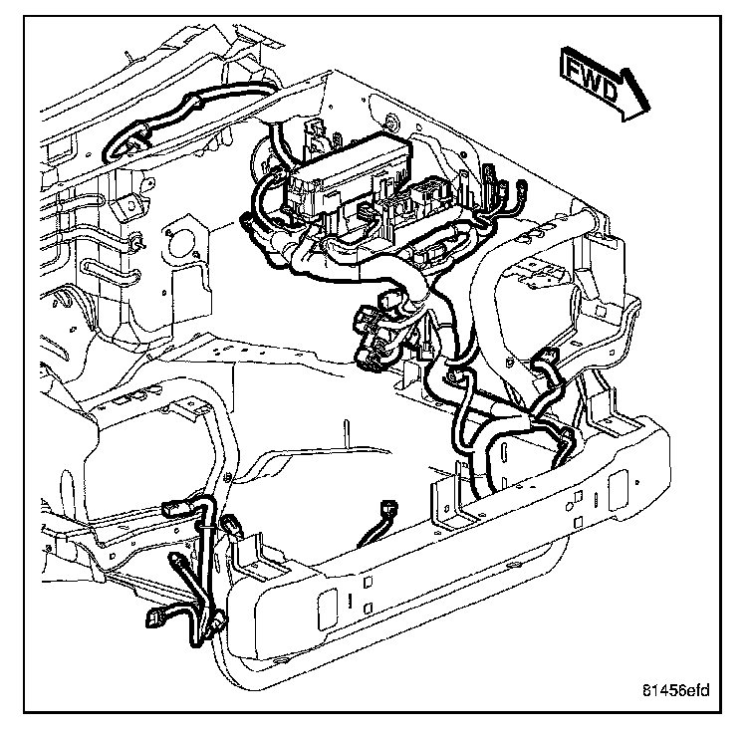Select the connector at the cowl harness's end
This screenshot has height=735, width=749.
[113, 148]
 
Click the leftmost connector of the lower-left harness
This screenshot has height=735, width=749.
[154, 617]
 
